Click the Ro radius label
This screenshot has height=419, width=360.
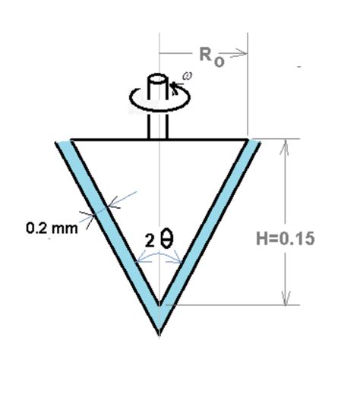(212, 56)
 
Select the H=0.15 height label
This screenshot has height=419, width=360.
(285, 238)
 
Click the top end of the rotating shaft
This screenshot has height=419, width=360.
(159, 78)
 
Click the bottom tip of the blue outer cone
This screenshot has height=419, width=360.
(159, 332)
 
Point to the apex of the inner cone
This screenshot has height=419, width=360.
(159, 305)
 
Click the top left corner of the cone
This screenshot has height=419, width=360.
(71, 140)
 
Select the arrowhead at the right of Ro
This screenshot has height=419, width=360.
(243, 54)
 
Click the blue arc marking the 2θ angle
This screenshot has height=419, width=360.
(159, 257)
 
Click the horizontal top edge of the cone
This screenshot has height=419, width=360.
(114, 140)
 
